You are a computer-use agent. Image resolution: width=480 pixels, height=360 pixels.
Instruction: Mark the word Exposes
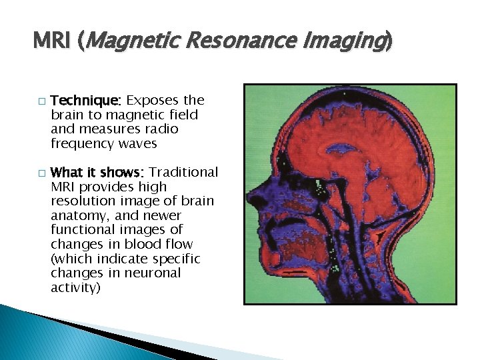tap(153, 101)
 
